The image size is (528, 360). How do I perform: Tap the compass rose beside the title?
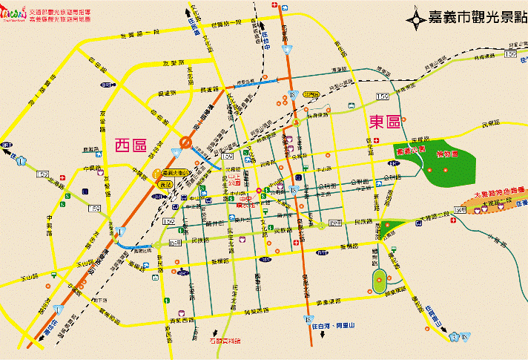click(x=418, y=16)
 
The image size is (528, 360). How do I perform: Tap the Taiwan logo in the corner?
click(x=14, y=16)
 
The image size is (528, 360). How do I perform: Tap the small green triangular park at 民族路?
click(x=397, y=223)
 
